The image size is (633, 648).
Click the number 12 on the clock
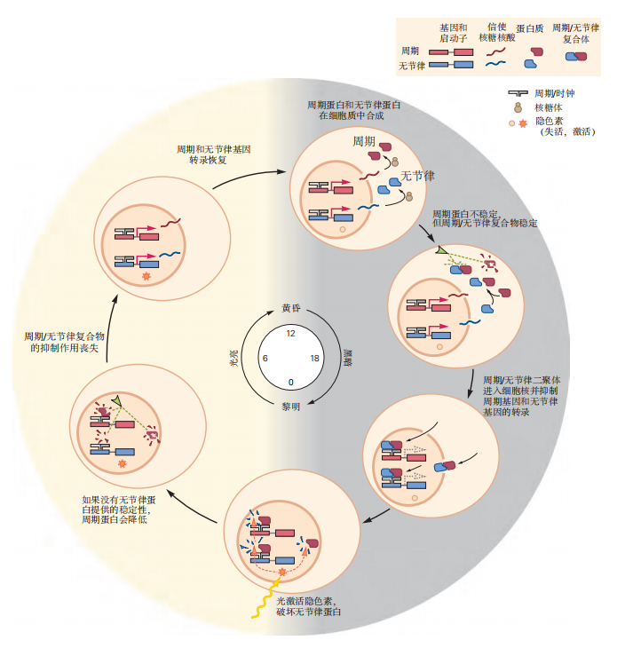tap(290, 334)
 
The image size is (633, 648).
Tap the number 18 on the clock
tap(314, 359)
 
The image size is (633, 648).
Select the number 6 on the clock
tap(265, 359)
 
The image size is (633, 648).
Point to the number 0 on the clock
tap(290, 383)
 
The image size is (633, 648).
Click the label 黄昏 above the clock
tap(290, 308)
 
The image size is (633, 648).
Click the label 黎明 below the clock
tap(290, 407)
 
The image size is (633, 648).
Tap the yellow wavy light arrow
tap(265, 598)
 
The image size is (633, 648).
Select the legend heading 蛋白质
tap(530, 29)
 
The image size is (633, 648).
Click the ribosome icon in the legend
tap(518, 107)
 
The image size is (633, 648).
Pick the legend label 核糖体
tap(549, 108)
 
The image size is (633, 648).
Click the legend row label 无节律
tap(412, 66)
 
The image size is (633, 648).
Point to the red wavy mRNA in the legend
tap(495, 51)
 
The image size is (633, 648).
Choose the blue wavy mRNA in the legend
tap(495, 64)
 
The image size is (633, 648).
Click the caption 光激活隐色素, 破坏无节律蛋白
tap(308, 606)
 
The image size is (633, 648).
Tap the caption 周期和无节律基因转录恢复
tap(213, 154)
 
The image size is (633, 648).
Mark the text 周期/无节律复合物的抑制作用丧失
tap(64, 342)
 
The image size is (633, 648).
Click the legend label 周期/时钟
tap(555, 93)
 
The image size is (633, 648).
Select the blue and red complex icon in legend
tap(576, 56)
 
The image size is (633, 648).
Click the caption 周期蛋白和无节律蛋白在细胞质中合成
tap(353, 110)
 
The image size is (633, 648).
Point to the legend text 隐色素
tap(549, 121)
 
